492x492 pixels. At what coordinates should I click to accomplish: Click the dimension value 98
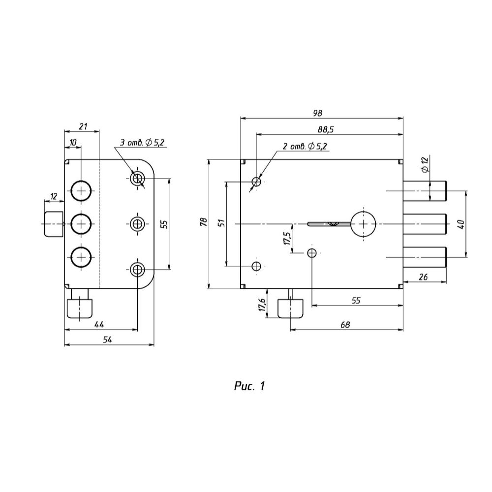coord(317,113)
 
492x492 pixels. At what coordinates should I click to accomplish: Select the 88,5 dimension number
coord(325,129)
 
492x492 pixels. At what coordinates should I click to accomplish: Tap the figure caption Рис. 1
coord(249,386)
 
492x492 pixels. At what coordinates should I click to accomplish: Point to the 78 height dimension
coord(204,222)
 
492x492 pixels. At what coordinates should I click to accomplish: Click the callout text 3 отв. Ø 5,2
coord(142,143)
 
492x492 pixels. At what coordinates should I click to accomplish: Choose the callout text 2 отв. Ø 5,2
coord(305,146)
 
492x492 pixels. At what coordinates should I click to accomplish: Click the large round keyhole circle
coord(363,224)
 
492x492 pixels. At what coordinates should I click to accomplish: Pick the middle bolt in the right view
coord(425,224)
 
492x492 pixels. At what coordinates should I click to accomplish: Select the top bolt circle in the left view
coord(81,190)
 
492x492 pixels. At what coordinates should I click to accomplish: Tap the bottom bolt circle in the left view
coord(81,257)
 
